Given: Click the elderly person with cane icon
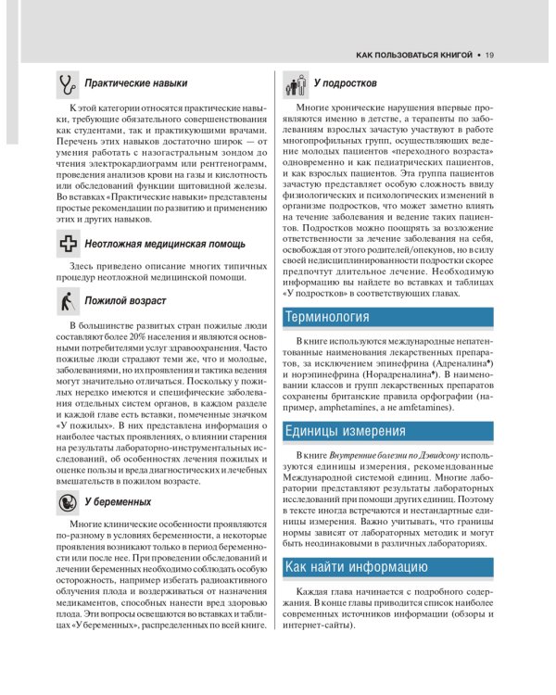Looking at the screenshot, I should click(x=66, y=301).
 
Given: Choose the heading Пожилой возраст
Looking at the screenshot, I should click(x=126, y=302).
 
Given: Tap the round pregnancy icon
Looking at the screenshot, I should click(x=67, y=501).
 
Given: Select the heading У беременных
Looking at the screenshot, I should click(x=118, y=501).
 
